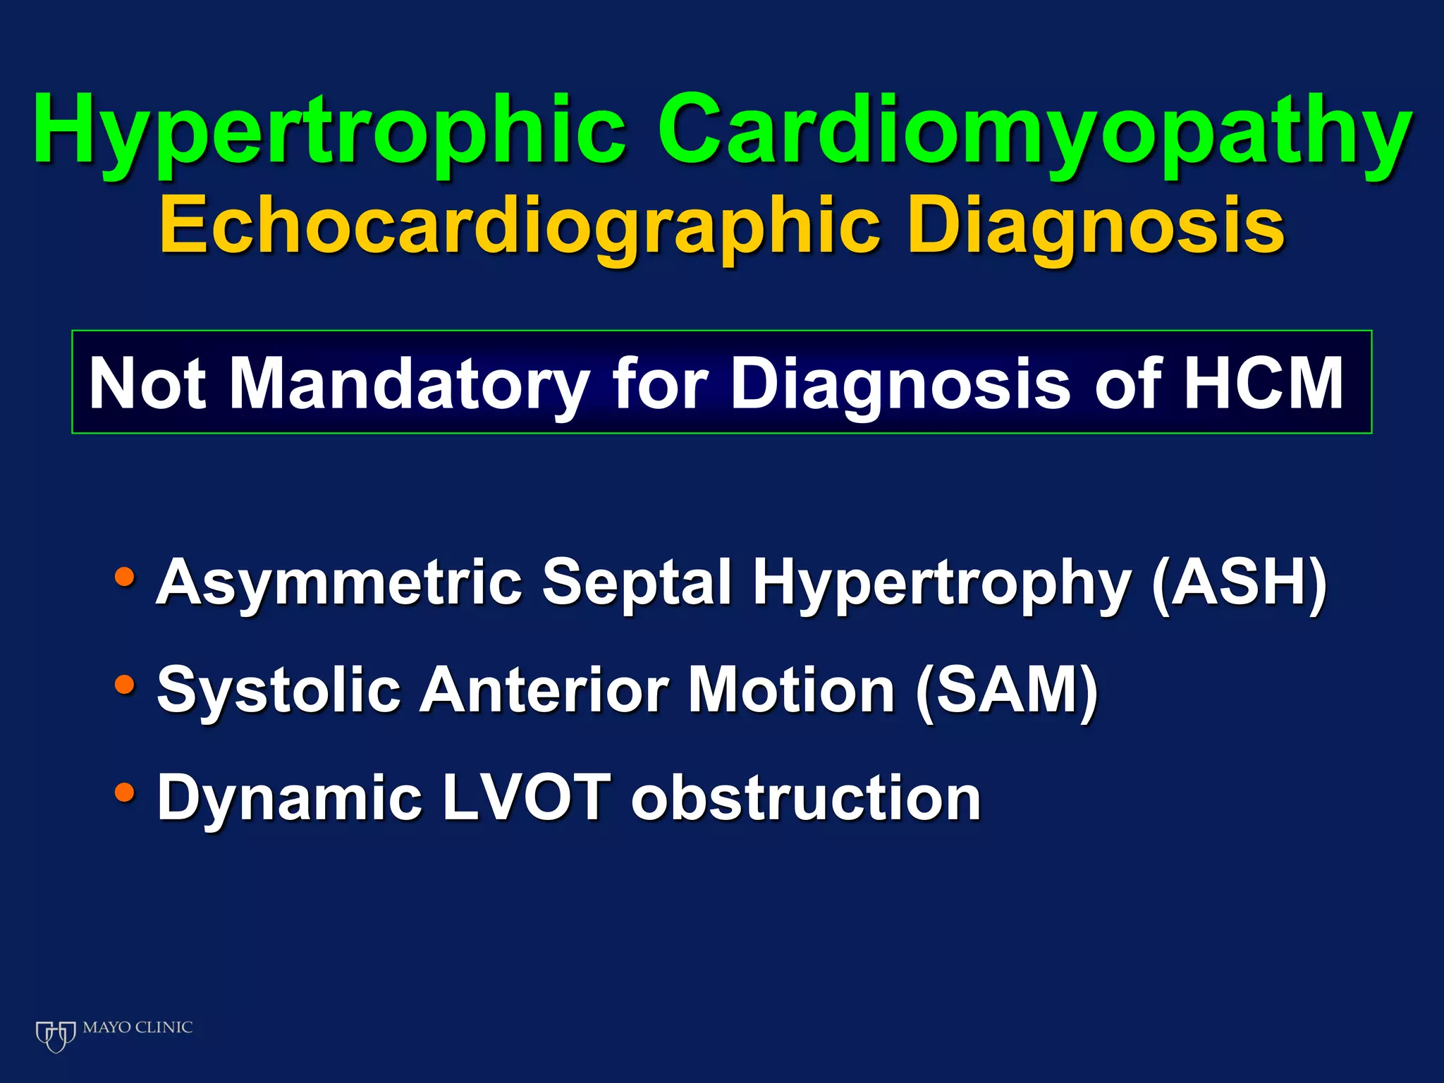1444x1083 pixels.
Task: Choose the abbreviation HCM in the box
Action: click(x=1263, y=384)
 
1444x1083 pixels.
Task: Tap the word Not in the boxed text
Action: click(x=147, y=384)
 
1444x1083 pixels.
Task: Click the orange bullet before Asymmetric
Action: click(x=125, y=578)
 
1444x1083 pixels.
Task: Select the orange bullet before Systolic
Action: click(x=125, y=685)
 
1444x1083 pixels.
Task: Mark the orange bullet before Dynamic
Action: click(x=125, y=793)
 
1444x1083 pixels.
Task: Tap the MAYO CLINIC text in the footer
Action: click(x=137, y=1027)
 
